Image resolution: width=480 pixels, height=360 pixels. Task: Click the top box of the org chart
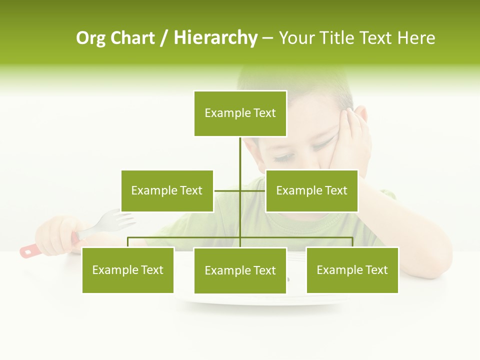click(x=240, y=113)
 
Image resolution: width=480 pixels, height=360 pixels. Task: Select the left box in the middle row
click(x=167, y=190)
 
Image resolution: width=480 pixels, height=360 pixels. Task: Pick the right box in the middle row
click(x=311, y=190)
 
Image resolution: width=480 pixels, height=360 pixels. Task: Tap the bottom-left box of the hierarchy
click(x=128, y=270)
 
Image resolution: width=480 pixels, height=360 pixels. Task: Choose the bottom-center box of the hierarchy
click(x=240, y=270)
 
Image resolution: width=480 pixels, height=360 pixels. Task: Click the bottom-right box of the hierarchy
click(x=352, y=270)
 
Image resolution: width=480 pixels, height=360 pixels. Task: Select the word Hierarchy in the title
click(x=215, y=38)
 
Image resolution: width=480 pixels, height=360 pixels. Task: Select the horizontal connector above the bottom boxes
click(x=185, y=238)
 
